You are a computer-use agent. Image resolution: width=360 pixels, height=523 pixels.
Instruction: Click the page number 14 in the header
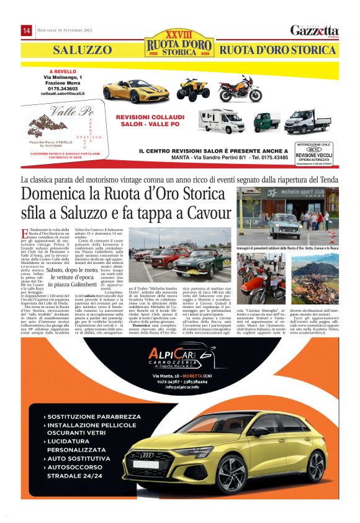tap(27, 30)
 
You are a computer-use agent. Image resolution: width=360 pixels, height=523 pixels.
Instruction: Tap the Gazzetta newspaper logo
tap(314, 30)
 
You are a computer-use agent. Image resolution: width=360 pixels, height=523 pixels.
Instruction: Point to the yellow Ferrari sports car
tap(135, 90)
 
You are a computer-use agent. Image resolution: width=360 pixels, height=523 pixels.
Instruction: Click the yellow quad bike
tap(194, 89)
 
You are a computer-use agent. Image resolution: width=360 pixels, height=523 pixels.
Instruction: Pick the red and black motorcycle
tap(240, 89)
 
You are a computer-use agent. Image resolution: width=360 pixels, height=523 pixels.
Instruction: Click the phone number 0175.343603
tap(64, 88)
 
